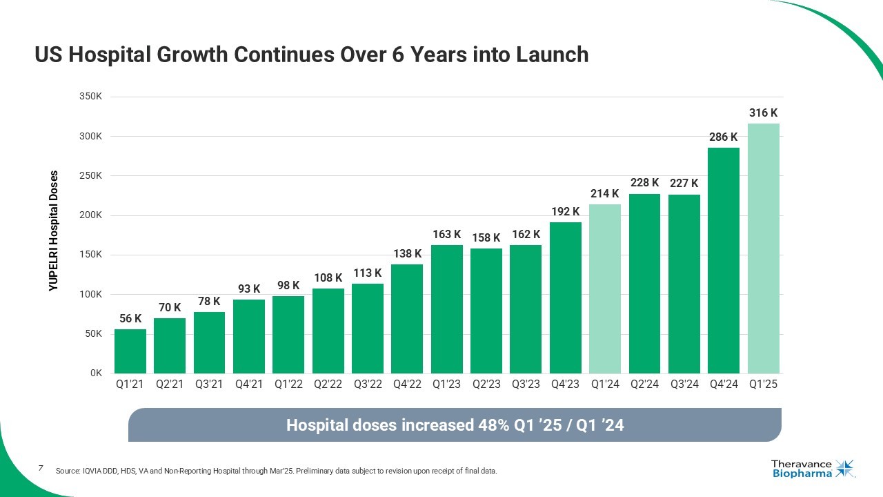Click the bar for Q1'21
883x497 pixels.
click(130, 351)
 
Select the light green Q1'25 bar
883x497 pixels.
click(763, 248)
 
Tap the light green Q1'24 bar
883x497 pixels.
click(605, 289)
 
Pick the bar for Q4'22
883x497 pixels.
click(407, 319)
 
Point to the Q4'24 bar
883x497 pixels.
click(724, 260)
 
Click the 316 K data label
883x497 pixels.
click(763, 113)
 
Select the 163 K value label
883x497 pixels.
click(446, 235)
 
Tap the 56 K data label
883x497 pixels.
click(130, 318)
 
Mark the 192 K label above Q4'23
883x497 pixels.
click(565, 211)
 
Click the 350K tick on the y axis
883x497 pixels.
click(91, 97)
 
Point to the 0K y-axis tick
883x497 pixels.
click(96, 373)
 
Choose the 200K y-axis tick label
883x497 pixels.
click(91, 215)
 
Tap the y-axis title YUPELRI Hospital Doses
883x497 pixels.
click(54, 231)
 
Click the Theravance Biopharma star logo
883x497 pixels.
click(844, 468)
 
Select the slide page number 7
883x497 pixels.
click(41, 468)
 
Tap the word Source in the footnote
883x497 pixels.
click(68, 471)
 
